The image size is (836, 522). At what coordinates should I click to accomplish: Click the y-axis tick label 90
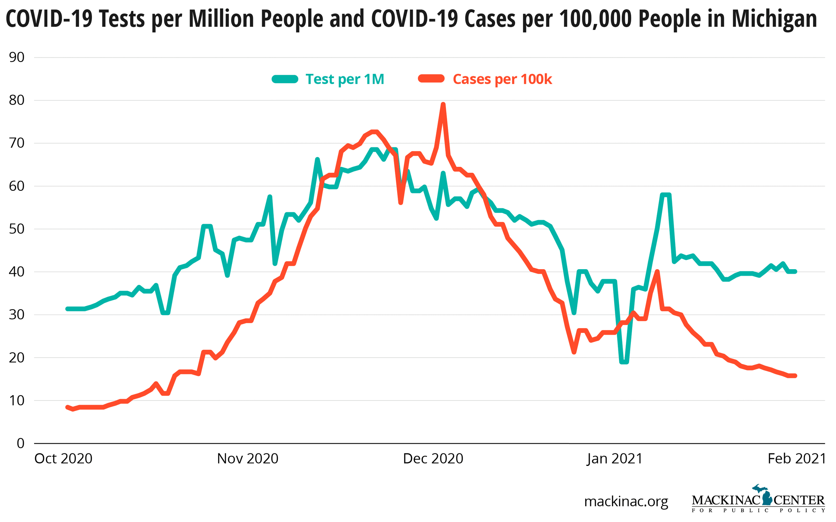point(17,57)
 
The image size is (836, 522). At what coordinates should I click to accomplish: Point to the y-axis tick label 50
point(17,229)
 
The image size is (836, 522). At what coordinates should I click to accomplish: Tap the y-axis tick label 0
point(21,443)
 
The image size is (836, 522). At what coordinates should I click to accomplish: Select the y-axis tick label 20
point(17,358)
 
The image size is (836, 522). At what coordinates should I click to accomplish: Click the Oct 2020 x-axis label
point(63,459)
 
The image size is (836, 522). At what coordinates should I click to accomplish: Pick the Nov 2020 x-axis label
point(248,459)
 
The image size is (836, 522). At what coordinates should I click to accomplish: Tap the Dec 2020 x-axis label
point(433,459)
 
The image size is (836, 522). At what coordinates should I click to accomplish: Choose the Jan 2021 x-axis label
point(614,459)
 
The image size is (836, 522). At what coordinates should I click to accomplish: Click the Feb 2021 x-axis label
point(797,459)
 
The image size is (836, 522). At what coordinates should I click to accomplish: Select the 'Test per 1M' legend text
point(345,79)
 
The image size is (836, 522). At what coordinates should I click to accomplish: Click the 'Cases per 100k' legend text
point(502,79)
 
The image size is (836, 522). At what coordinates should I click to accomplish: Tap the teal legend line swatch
point(285,79)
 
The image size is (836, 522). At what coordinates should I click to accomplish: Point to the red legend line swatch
point(431,79)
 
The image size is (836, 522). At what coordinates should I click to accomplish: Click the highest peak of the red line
point(443,104)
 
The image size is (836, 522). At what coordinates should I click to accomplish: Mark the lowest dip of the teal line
point(624,362)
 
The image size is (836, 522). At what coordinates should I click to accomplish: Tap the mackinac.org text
point(626,501)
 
